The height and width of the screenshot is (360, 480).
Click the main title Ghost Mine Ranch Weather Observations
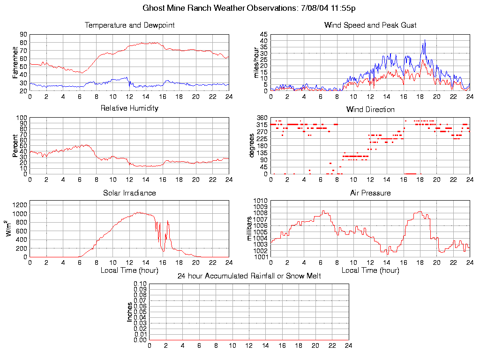(249, 8)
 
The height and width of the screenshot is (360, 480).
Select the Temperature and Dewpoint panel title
(129, 25)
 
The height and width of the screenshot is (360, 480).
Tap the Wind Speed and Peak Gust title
(370, 25)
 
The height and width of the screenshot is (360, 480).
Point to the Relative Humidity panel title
(129, 108)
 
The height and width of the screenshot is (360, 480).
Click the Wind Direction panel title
(370, 109)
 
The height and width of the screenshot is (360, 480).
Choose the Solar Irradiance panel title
(129, 193)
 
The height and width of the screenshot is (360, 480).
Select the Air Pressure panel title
(370, 193)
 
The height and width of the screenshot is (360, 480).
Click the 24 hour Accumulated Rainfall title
(249, 276)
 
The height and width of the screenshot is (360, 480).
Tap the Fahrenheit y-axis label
(15, 62)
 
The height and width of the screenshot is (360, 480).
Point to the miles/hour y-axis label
(256, 62)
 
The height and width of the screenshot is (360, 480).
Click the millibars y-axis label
(250, 228)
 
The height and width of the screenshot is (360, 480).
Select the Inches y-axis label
(130, 312)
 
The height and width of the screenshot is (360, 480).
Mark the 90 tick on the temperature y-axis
(23, 35)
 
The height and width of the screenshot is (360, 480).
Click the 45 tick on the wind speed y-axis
(263, 35)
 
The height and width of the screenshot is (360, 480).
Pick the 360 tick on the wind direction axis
(262, 118)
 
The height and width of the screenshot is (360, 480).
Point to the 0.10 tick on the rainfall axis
(140, 284)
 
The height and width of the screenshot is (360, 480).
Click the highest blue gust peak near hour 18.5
(425, 40)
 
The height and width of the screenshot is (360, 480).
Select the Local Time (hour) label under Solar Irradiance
(129, 270)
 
